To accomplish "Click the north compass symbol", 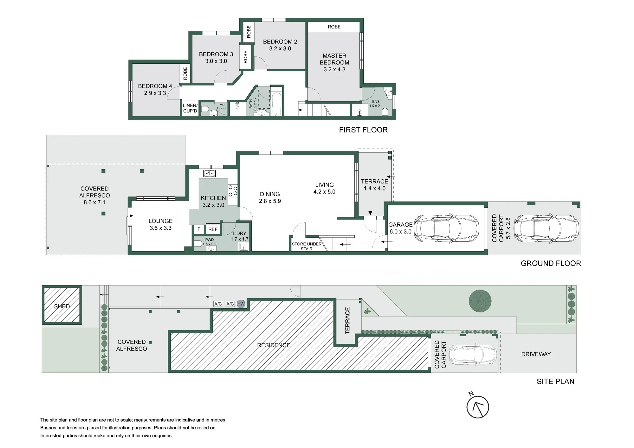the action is (478, 407).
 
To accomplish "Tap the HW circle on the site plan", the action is (241, 304).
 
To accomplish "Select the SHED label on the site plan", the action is (62, 306).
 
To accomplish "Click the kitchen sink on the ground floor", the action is (210, 173).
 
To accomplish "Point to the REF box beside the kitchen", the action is (213, 229).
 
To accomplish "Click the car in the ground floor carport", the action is (546, 228).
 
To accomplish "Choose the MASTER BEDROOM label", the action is (334, 59).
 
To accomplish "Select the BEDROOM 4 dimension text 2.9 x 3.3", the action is (155, 93).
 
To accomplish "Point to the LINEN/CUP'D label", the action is (190, 108).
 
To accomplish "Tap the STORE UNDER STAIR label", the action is (307, 246).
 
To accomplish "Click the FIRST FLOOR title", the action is (363, 130).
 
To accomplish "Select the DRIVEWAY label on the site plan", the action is (536, 354).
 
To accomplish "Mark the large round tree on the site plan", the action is (480, 301).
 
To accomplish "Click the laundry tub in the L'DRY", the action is (243, 246).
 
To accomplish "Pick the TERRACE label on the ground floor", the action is (374, 182).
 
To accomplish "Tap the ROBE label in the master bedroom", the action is (334, 27).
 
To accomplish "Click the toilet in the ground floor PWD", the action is (198, 243).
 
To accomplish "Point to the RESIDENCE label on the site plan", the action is (274, 345).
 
